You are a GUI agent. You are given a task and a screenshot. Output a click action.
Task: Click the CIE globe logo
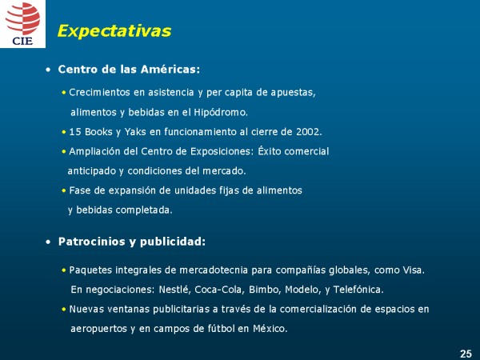(x=22, y=23)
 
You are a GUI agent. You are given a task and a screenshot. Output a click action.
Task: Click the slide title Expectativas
(x=114, y=31)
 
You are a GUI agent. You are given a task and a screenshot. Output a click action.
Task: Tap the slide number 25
(x=466, y=354)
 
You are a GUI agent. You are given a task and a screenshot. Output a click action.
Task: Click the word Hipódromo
(x=221, y=112)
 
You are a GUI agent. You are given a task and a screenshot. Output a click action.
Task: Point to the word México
(x=270, y=329)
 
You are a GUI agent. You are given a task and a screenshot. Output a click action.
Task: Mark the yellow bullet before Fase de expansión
(x=64, y=190)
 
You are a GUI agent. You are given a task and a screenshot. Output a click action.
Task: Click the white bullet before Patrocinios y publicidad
(x=48, y=242)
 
